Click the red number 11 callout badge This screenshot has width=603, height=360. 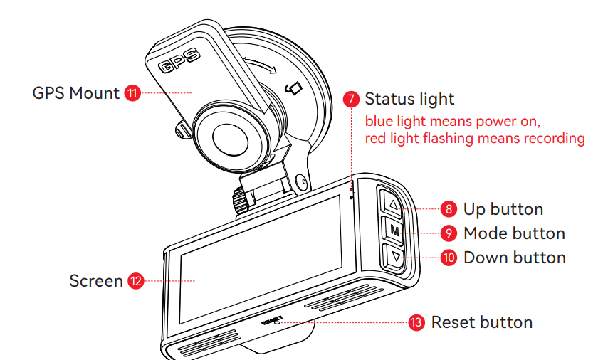[x=132, y=93]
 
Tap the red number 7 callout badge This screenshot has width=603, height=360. [x=351, y=99]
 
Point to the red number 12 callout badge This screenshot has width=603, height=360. [x=135, y=281]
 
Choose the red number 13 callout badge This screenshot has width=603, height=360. [x=416, y=322]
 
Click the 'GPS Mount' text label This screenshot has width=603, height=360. [x=75, y=93]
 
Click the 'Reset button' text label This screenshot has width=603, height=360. [x=481, y=322]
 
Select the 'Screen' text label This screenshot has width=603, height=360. [x=95, y=281]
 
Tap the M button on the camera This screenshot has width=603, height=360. [x=394, y=231]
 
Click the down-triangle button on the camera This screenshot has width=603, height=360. [x=396, y=256]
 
